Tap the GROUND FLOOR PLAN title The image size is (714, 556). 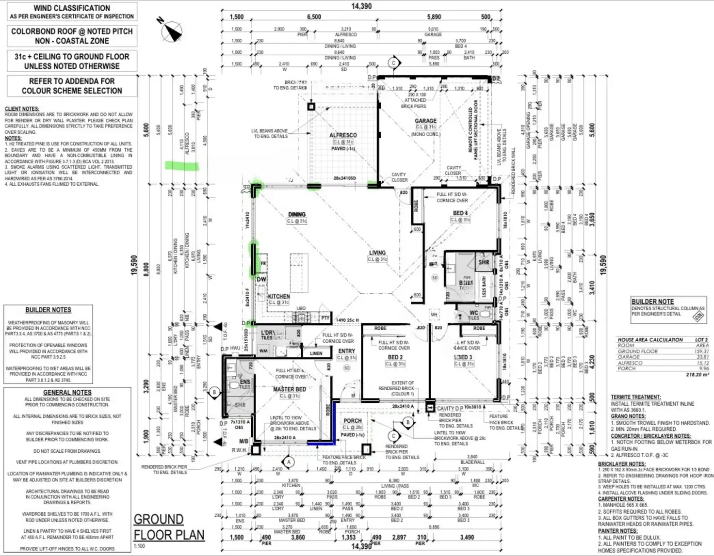pos(168,527)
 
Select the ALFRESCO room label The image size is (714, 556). pos(343,135)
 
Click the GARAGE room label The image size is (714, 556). pos(425,121)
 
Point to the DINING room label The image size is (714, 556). pos(297,214)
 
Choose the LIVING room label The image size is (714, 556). pos(377,253)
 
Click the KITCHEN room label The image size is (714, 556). pos(279,296)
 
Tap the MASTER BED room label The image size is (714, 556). pos(289,389)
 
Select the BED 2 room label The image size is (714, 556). pos(395,357)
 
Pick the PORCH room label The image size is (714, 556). pos(353,421)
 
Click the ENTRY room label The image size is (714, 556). pos(347,351)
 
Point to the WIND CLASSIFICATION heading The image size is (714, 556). pos(72,8)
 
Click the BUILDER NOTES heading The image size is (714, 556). pos(48,310)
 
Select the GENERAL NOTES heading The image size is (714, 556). pos(67,393)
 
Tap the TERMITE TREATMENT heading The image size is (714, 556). pos(635,397)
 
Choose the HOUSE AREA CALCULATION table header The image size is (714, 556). pos(650,340)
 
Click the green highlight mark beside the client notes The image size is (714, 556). pos(182,166)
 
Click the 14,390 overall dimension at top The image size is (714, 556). pos(361,6)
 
